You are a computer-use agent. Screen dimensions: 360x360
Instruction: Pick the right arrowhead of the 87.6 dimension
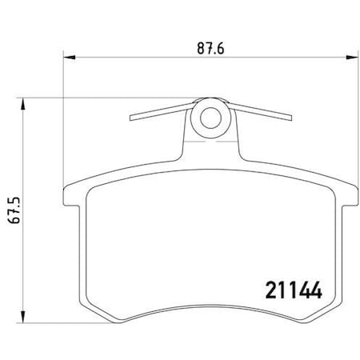pyautogui.click(x=352, y=58)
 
